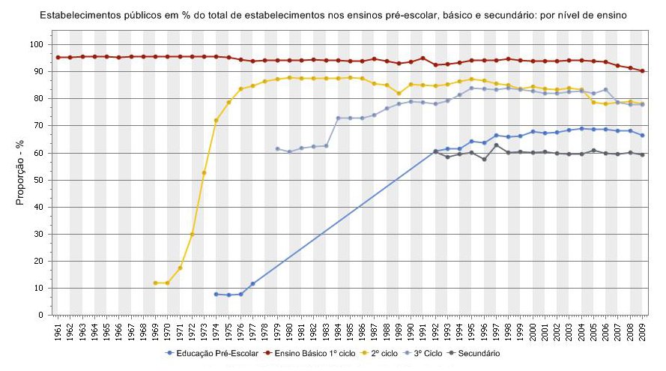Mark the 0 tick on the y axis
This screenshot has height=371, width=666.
[44, 315]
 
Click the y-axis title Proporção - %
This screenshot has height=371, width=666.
[21, 180]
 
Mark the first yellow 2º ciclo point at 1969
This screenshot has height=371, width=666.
[155, 283]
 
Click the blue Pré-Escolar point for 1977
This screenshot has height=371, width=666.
[252, 284]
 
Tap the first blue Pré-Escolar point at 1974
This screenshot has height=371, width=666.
[216, 295]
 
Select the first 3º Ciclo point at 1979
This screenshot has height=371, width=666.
[277, 148]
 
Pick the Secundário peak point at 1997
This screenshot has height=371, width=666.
[496, 145]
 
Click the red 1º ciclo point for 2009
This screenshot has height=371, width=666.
[643, 71]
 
